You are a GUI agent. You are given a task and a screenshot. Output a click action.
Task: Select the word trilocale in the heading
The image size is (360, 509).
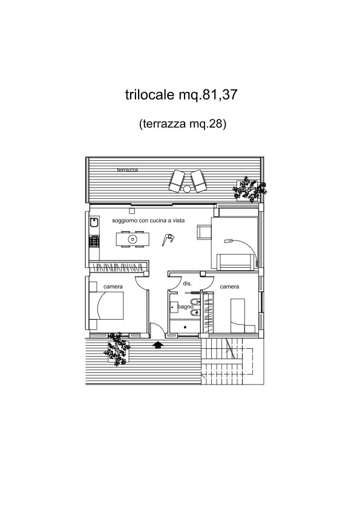click(150, 95)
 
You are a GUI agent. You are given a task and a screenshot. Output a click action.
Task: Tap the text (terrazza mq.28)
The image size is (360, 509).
click(182, 124)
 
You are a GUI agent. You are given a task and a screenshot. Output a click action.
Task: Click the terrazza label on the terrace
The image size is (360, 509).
click(128, 170)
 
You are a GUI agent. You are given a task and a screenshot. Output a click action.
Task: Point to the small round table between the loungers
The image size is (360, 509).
click(187, 189)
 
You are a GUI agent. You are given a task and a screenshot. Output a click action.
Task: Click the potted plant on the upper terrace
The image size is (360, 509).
click(249, 189)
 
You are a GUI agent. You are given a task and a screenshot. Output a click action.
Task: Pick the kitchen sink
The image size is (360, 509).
click(94, 222)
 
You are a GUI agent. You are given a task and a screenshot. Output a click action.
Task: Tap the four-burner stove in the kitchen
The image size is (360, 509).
click(94, 241)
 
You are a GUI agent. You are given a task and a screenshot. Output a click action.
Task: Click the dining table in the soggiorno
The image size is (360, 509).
click(133, 239)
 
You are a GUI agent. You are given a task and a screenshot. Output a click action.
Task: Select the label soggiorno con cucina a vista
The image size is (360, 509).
click(148, 221)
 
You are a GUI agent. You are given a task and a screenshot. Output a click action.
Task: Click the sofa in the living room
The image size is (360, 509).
click(236, 262)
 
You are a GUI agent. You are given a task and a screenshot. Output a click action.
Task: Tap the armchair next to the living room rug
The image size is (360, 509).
click(204, 232)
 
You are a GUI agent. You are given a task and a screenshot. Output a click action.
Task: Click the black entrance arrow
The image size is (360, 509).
click(157, 345)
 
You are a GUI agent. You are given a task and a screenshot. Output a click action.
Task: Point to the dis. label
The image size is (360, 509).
click(187, 284)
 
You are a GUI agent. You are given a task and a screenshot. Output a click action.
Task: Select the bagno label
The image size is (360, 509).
click(186, 306)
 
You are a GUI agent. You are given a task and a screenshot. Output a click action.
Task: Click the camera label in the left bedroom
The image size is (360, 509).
click(113, 287)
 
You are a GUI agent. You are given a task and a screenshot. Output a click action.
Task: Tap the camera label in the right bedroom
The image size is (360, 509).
click(229, 287)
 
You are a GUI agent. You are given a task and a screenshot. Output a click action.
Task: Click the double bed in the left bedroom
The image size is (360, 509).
click(106, 305)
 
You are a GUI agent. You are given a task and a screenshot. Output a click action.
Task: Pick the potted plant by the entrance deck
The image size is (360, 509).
click(117, 349)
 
